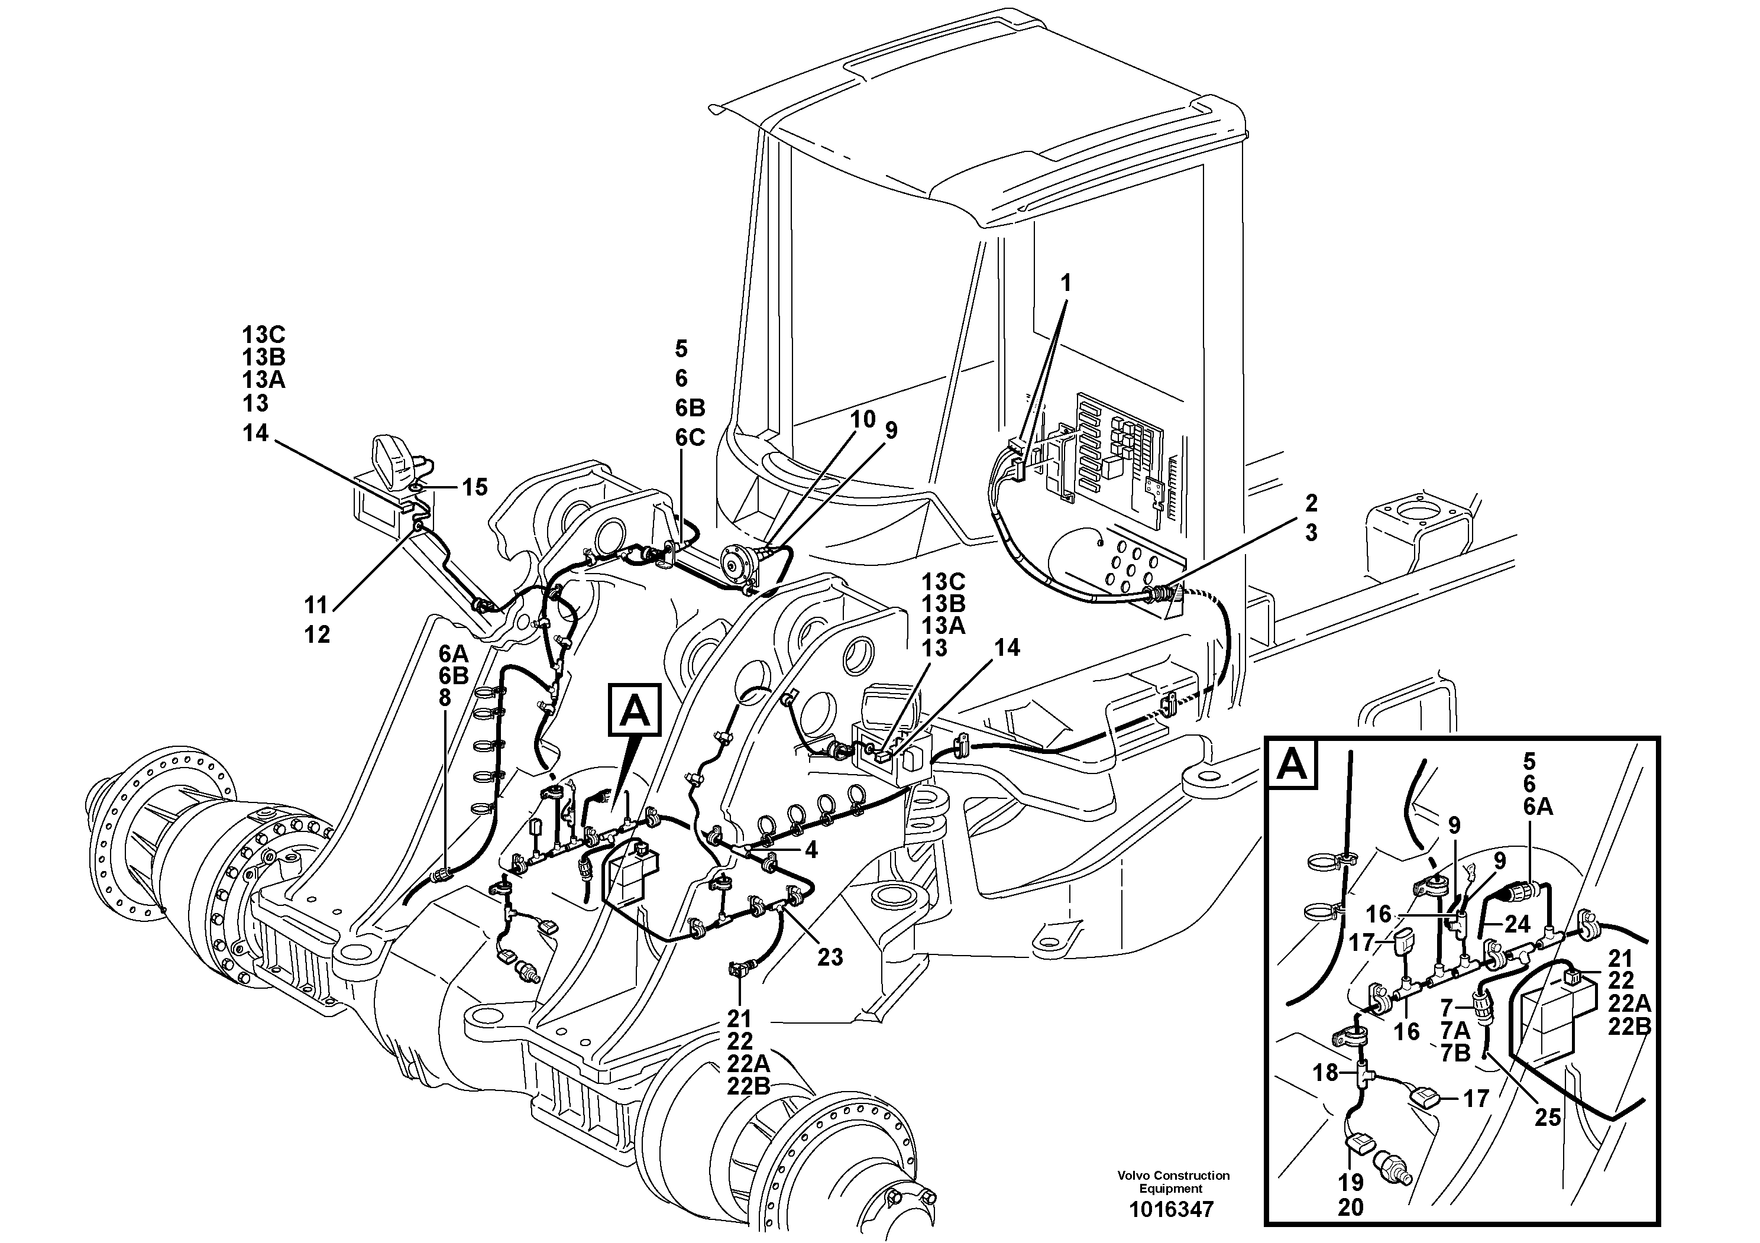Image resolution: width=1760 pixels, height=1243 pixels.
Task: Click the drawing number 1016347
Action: pos(1172,1210)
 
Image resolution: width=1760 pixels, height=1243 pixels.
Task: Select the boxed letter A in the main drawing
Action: pos(635,710)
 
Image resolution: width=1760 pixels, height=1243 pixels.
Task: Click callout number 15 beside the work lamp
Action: pos(474,487)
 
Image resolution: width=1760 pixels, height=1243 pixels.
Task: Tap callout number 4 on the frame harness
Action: pos(810,849)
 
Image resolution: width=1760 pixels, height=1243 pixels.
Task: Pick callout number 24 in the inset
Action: pos(1516,924)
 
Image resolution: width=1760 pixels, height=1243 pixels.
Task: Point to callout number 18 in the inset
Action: pos(1325,1072)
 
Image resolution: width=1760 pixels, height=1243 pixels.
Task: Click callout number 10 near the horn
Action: pos(862,419)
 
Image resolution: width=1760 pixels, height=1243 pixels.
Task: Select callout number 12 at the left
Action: pos(316,635)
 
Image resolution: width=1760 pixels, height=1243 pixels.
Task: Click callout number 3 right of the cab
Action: pos(1311,533)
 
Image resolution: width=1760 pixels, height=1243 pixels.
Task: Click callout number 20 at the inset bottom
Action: pos(1351,1208)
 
